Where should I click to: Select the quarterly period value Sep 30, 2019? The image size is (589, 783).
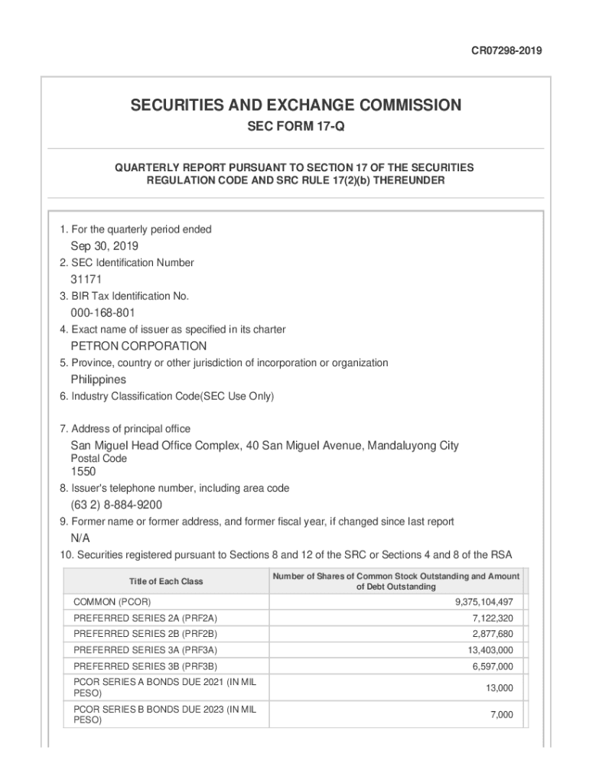(105, 246)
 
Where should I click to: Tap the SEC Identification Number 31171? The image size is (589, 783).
(86, 280)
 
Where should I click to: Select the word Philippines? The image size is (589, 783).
(99, 379)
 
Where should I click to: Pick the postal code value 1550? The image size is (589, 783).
(83, 472)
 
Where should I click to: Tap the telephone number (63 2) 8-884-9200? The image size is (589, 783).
(116, 505)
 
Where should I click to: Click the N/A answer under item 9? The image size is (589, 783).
(80, 538)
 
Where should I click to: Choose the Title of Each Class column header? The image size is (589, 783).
(166, 581)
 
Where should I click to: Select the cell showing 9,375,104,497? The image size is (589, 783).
(484, 602)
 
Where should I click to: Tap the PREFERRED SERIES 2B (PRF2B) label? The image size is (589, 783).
(145, 634)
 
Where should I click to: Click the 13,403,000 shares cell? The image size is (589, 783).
(490, 650)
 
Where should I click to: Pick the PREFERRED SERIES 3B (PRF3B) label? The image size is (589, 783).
(145, 666)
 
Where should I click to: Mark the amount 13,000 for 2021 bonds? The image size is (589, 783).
(500, 688)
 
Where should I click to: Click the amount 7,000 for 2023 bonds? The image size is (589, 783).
(502, 715)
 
